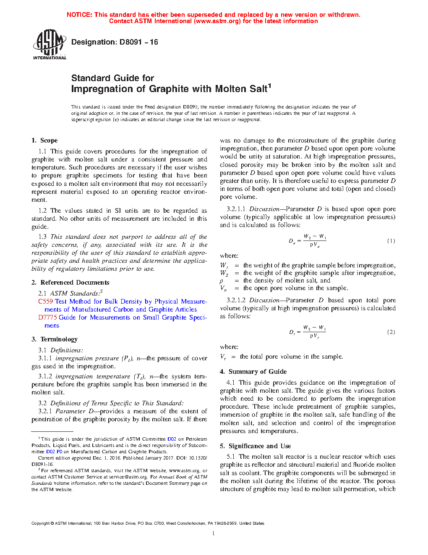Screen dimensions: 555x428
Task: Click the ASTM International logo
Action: click(50, 44)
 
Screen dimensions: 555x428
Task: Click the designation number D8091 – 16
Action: click(138, 42)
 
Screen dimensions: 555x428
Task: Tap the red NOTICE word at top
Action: click(79, 15)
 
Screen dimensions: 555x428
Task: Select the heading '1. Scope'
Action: click(44, 140)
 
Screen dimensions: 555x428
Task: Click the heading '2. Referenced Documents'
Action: click(70, 283)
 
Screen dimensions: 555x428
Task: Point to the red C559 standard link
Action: click(45, 301)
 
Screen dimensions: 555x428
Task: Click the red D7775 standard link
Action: click(47, 317)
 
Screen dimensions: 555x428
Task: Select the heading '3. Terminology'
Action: click(55, 339)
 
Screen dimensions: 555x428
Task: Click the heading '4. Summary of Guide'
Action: click(253, 372)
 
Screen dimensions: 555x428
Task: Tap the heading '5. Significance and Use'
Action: click(256, 446)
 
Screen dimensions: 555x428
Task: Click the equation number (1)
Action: click(391, 241)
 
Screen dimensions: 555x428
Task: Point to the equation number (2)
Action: click(391, 332)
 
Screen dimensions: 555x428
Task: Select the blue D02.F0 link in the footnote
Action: click(54, 452)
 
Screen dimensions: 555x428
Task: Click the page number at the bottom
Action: click(214, 534)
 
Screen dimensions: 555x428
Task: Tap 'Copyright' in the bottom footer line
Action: click(40, 523)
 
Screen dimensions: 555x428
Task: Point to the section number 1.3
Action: click(42, 237)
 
